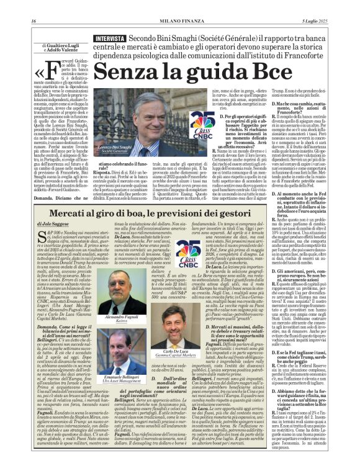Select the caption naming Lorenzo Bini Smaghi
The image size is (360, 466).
point(118,148)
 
